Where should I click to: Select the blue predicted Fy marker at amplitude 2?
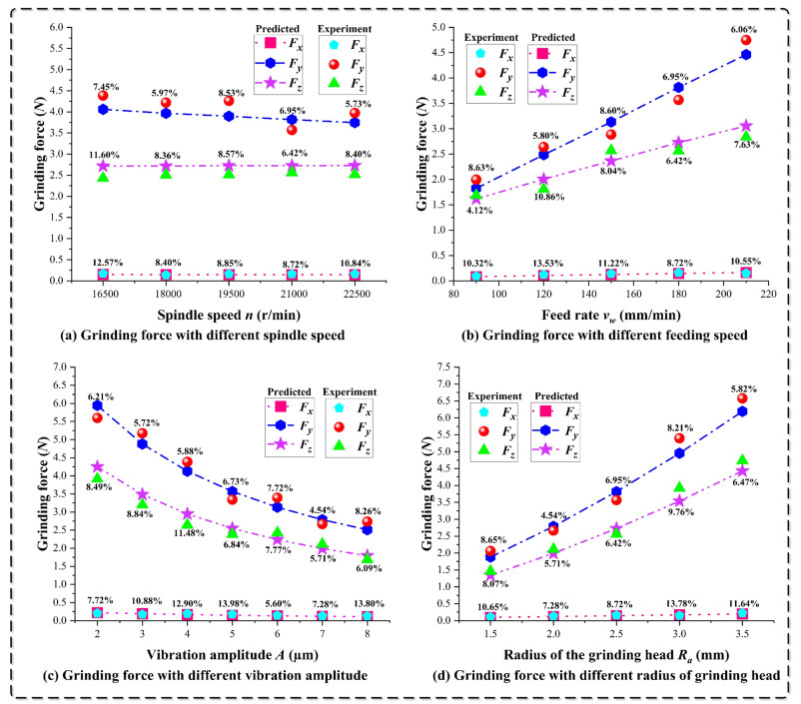tap(98, 405)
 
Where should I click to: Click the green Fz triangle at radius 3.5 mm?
tap(742, 461)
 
